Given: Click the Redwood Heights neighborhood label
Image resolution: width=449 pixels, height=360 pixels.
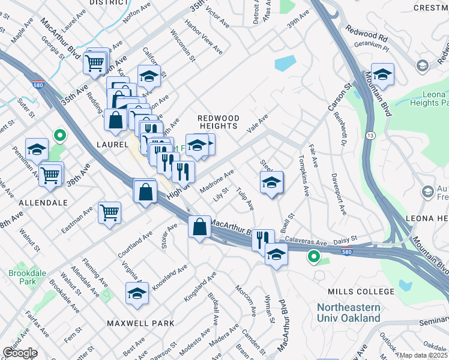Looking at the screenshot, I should point(219,122).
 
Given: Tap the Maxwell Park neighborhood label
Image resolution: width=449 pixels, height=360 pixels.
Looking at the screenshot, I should point(140,323).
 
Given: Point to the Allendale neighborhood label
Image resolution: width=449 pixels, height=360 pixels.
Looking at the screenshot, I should point(43,203).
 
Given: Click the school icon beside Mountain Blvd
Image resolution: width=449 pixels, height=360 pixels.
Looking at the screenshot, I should point(382,75).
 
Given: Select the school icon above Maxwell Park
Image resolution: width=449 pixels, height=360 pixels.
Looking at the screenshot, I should point(137,294).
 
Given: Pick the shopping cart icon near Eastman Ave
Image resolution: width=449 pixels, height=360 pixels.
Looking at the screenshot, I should point(110,212).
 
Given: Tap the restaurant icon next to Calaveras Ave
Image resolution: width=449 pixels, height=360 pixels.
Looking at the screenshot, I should point(262,239).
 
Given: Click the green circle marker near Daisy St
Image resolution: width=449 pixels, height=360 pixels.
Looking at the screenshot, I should point(313,257).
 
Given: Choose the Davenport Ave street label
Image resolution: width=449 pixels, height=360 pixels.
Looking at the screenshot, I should point(339,195).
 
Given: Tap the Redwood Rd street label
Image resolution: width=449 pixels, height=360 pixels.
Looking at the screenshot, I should point(367,36).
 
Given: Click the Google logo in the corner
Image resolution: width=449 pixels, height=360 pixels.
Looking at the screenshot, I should point(19,353).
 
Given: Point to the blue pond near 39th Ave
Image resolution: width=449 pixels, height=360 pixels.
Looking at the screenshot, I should point(285,63).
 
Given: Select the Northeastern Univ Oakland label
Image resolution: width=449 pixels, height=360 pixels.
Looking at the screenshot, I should point(349,312).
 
